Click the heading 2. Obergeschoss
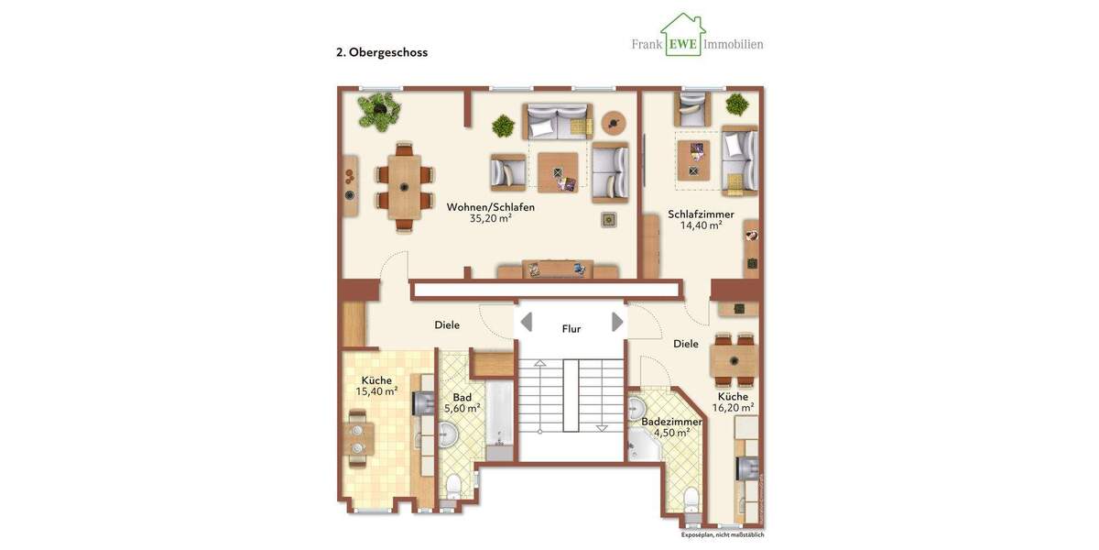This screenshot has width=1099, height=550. click(x=382, y=52)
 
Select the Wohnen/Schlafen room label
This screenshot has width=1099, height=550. click(x=491, y=207)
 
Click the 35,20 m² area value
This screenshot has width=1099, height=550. click(x=491, y=219)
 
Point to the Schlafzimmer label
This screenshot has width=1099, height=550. click(x=701, y=214)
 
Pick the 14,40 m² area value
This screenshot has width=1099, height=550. click(x=701, y=225)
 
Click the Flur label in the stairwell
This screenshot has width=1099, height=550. click(x=571, y=329)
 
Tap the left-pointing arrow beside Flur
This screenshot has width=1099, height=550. click(x=527, y=322)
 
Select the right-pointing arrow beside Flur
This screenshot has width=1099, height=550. click(x=617, y=322)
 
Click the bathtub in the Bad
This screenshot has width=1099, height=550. click(x=499, y=423)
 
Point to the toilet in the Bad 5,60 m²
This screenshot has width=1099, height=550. click(x=453, y=484)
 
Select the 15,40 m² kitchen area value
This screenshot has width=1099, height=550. click(x=376, y=391)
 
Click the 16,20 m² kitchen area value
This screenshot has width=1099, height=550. click(x=733, y=408)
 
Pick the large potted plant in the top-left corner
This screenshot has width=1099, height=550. click(x=380, y=110)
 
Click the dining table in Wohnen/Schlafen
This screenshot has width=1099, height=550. click(x=404, y=187)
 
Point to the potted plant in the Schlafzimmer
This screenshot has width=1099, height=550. click(x=737, y=104)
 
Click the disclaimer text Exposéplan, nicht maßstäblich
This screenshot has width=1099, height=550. click(x=722, y=534)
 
